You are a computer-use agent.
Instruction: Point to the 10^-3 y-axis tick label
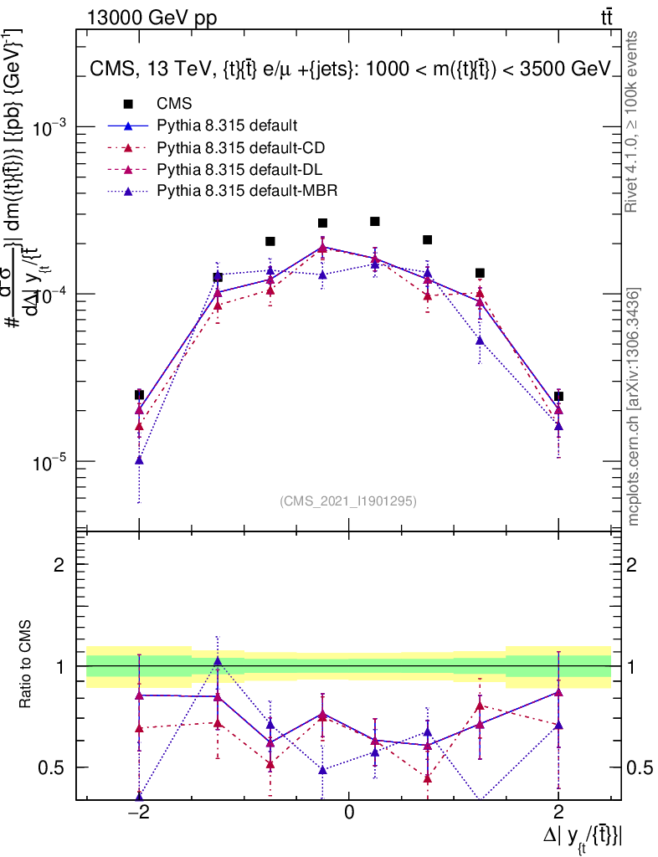click(x=51, y=127)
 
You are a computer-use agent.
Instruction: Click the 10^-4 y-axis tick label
click(x=51, y=295)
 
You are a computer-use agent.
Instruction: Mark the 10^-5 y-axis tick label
click(x=51, y=462)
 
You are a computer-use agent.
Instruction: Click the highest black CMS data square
click(x=375, y=221)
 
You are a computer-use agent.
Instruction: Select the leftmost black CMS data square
click(x=139, y=394)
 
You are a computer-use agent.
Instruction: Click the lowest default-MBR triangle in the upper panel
click(x=139, y=459)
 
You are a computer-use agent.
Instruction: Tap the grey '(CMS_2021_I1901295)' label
click(x=348, y=501)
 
